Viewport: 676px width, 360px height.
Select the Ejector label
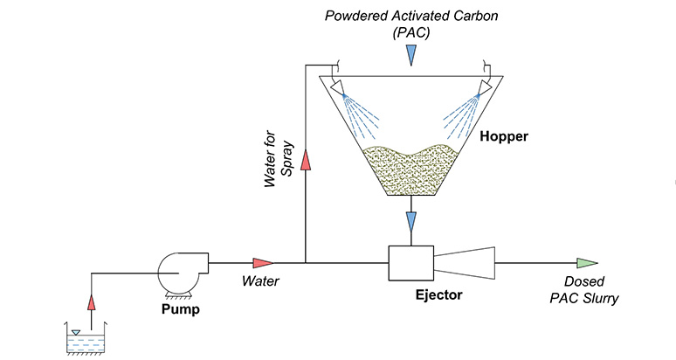pyautogui.click(x=438, y=294)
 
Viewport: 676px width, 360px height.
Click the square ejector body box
pyautogui.click(x=410, y=261)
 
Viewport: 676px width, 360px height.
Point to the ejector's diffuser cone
pyautogui.click(x=466, y=261)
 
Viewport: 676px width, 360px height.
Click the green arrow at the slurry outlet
pyautogui.click(x=587, y=262)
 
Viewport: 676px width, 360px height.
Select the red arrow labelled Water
pyautogui.click(x=263, y=262)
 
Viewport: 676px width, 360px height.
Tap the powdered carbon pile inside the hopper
pyautogui.click(x=410, y=169)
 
